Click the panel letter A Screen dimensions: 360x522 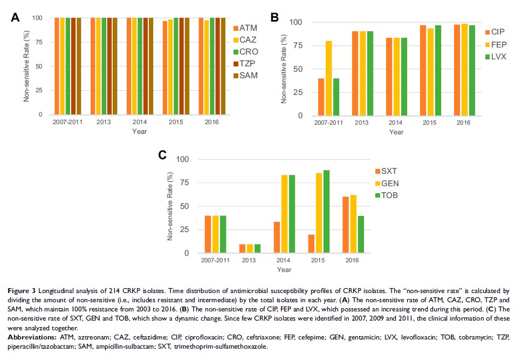(16, 17)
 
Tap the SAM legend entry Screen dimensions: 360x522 (245, 75)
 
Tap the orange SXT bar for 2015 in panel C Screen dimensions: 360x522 (311, 243)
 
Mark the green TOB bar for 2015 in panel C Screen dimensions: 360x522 (326, 212)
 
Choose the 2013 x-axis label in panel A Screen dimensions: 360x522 (104, 122)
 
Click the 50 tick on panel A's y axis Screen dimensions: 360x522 (39, 66)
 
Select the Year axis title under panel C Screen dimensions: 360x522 (284, 269)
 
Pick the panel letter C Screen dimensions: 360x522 (162, 155)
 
